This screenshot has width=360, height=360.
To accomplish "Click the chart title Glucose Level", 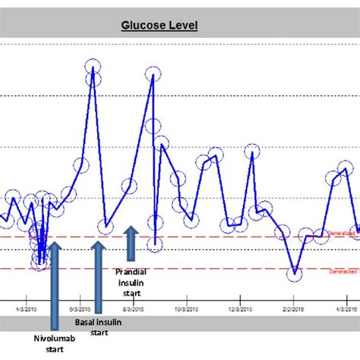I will click(159, 25).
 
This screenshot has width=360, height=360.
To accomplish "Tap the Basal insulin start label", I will click(97, 327).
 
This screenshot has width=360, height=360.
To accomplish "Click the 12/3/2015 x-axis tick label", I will click(239, 309).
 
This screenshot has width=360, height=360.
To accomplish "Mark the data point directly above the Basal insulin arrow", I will click(106, 226).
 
